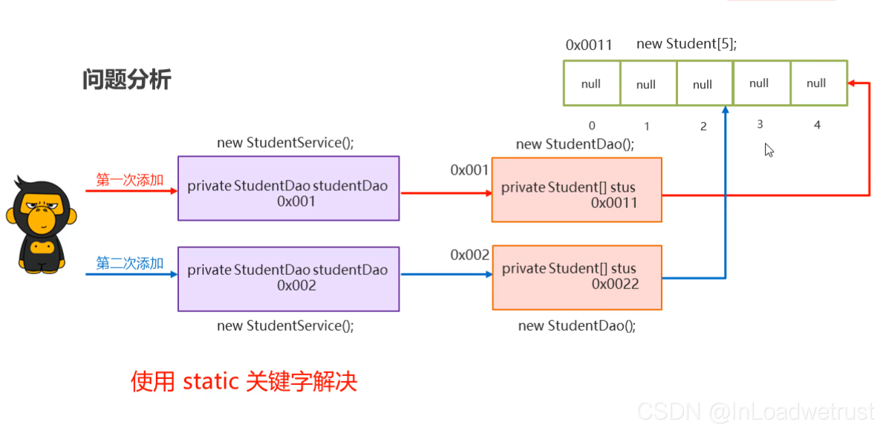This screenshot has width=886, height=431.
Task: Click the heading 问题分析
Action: click(x=126, y=80)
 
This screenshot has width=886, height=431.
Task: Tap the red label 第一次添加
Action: click(x=129, y=180)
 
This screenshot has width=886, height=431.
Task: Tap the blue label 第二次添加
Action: click(x=129, y=263)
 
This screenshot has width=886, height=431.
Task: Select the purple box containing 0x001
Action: click(x=288, y=188)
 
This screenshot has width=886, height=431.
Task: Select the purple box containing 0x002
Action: click(x=288, y=278)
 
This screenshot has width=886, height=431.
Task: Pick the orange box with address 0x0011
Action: click(x=576, y=189)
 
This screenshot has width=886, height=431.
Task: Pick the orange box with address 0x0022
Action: click(x=576, y=277)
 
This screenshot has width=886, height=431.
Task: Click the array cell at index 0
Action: click(x=591, y=83)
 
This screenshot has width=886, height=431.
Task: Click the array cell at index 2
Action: click(x=703, y=83)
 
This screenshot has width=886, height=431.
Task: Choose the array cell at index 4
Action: click(x=817, y=83)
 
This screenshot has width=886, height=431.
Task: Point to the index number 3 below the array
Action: click(x=760, y=124)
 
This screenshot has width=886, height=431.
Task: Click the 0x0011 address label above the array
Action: click(x=589, y=45)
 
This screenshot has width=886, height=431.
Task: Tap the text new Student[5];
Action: click(x=686, y=44)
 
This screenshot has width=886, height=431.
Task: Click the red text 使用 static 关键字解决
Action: click(x=244, y=382)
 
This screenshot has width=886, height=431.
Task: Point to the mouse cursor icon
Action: click(x=769, y=149)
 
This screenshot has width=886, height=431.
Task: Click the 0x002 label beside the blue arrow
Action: click(x=469, y=255)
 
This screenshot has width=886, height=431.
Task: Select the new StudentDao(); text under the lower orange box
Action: click(x=576, y=325)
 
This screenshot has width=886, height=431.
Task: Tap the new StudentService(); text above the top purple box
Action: click(x=285, y=142)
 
